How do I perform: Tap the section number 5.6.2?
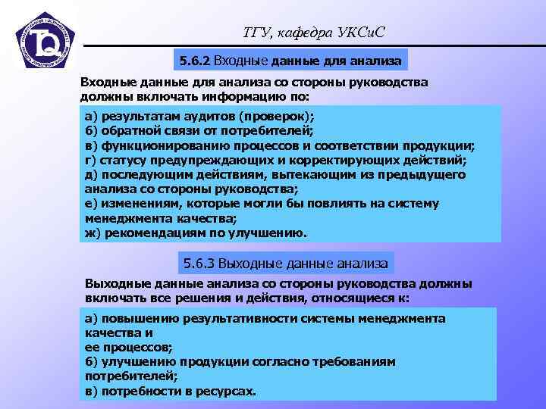pos(195,59)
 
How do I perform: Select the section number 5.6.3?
pos(201,263)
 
